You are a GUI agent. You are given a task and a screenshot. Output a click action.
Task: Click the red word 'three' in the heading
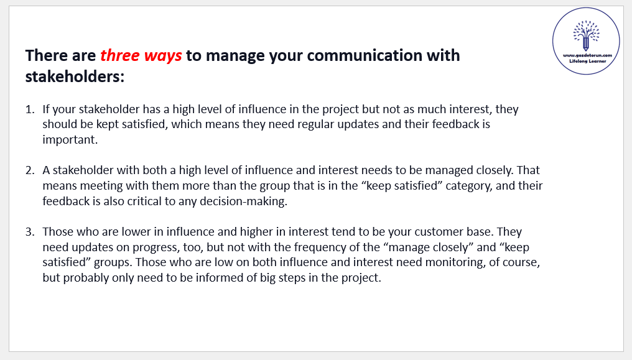coord(119,55)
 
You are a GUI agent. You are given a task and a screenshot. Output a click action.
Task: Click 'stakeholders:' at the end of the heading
coord(75,76)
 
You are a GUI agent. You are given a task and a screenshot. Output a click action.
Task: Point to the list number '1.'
coord(30,109)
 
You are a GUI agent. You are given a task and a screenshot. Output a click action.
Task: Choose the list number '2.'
coord(30,170)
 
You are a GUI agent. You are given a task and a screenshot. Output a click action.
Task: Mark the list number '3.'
coord(30,232)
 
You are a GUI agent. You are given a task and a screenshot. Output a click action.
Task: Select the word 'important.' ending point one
coord(70,140)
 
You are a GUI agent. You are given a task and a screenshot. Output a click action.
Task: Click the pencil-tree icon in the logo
coord(586,35)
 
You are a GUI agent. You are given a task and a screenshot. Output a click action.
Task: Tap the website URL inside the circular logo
coord(587,55)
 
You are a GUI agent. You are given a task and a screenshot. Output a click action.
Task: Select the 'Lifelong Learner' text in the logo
coord(588,61)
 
